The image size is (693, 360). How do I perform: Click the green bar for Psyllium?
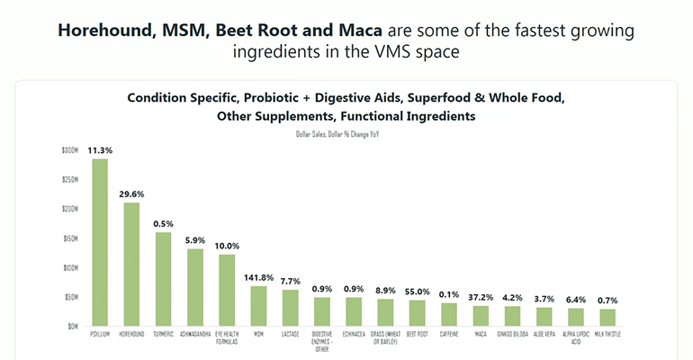pos(100,242)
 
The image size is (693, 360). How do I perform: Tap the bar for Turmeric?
pos(163,279)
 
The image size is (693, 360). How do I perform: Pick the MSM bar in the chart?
pos(258,306)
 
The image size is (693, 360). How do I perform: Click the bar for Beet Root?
pos(417,313)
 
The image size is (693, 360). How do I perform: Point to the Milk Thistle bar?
pos(607,318)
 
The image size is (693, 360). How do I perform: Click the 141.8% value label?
pos(258,278)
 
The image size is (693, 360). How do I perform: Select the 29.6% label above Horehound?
pos(131,193)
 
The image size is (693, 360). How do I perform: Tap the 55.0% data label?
pos(417,292)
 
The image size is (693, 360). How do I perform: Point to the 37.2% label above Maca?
pos(481,297)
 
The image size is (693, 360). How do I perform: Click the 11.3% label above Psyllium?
pos(100,149)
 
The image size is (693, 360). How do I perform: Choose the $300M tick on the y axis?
pos(69,150)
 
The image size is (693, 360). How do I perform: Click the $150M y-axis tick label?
pos(69,238)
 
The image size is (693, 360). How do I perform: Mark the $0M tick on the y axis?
pos(72,326)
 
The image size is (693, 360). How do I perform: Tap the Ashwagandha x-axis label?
pos(194,334)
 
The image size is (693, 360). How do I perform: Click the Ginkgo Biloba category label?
pos(512,334)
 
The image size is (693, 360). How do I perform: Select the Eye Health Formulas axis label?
pos(226,337)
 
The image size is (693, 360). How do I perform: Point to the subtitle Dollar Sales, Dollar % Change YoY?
pos(345,133)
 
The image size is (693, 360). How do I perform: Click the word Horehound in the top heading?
pos(102,31)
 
